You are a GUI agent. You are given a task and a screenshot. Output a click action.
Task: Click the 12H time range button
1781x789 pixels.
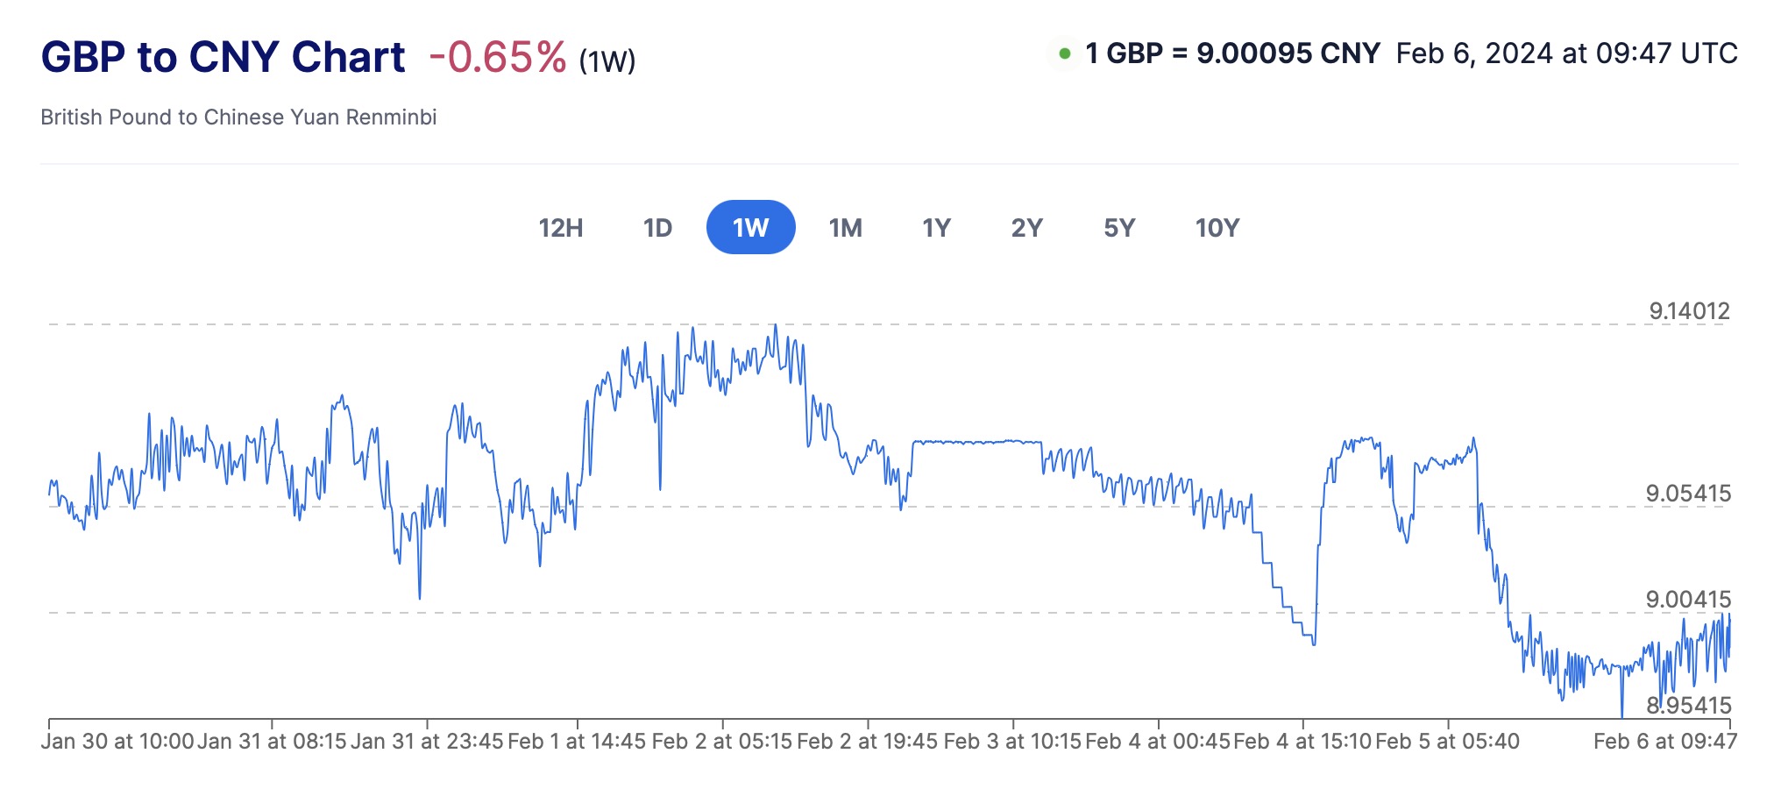click(x=560, y=228)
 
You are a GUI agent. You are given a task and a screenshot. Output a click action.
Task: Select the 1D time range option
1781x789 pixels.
click(x=657, y=228)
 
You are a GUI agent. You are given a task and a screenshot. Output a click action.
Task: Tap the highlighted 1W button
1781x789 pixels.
click(x=750, y=228)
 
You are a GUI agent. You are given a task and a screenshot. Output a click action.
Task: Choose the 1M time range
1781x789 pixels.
click(x=845, y=228)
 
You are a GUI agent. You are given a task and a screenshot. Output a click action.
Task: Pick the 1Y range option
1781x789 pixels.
click(x=936, y=228)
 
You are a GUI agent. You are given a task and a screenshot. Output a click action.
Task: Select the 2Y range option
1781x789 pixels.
click(x=1026, y=228)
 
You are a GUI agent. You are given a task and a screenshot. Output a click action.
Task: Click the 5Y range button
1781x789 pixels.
click(x=1119, y=228)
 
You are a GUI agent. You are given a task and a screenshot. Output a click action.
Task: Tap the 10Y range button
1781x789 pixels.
click(x=1217, y=228)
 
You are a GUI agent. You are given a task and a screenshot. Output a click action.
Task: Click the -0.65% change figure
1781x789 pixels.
click(x=497, y=58)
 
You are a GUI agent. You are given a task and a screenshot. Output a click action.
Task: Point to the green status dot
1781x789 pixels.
click(x=1064, y=53)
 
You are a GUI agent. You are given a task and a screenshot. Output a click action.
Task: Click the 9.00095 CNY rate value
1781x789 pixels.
click(x=1288, y=53)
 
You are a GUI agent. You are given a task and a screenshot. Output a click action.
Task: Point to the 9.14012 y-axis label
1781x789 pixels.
click(x=1689, y=310)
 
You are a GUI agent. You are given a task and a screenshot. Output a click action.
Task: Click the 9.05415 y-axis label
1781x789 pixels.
click(x=1688, y=493)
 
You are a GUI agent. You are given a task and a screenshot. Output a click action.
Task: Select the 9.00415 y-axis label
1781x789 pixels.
click(x=1688, y=599)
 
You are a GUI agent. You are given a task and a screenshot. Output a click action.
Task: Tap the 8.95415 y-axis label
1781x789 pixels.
click(x=1688, y=705)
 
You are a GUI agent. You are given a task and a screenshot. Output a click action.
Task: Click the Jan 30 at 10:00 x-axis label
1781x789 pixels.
click(x=117, y=742)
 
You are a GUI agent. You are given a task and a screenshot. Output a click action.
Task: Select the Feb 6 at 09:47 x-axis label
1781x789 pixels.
click(x=1664, y=742)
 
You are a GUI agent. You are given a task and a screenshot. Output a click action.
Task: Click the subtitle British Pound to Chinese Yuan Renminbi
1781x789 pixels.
click(x=238, y=117)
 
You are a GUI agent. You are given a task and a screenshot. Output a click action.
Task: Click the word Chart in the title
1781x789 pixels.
click(x=348, y=58)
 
